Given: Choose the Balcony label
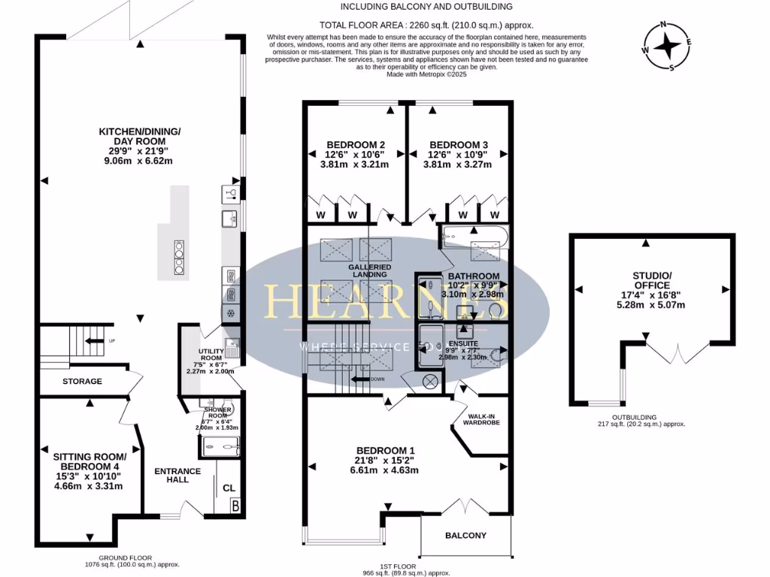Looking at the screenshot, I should click(465, 536).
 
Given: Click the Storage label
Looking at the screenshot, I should click(82, 382).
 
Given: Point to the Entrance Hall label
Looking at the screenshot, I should click(177, 475).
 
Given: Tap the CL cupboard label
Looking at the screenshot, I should click(229, 488).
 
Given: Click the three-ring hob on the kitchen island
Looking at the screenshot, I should click(179, 259).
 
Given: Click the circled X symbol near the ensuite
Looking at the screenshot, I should click(430, 381).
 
